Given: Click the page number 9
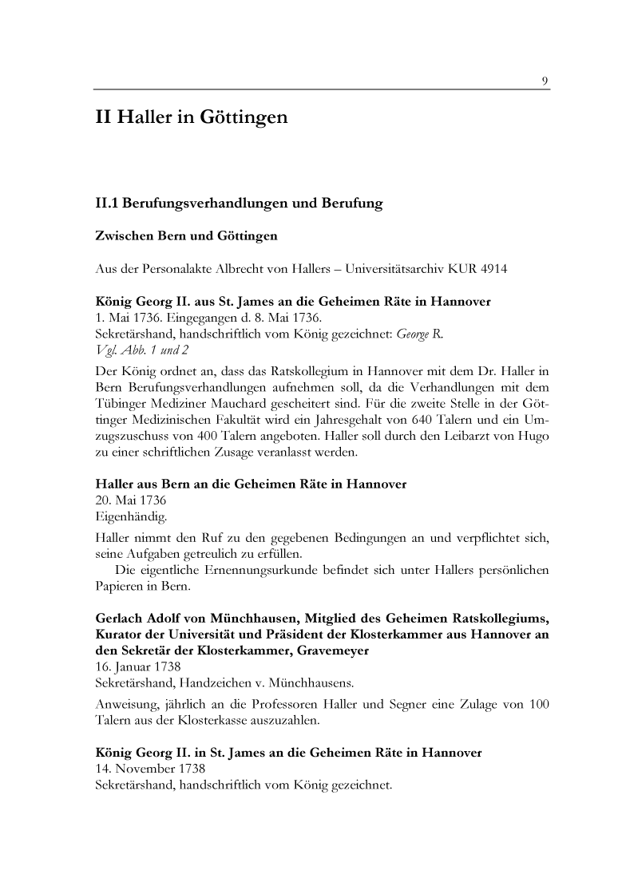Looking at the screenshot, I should coord(544,81).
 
